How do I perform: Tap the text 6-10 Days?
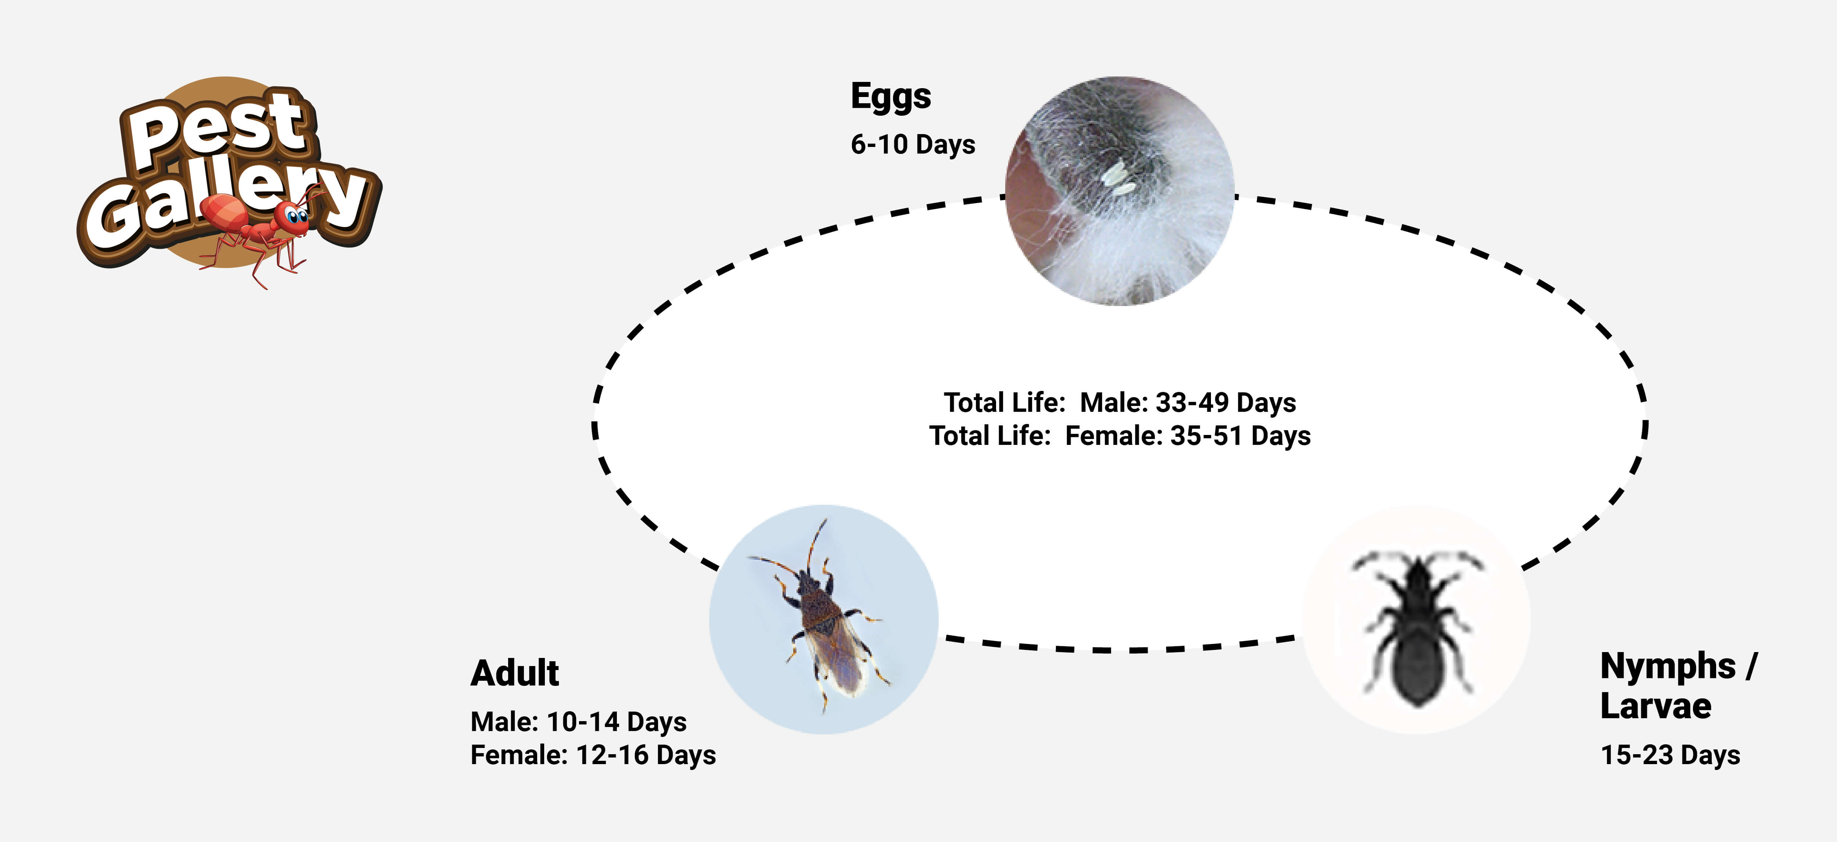[x=913, y=144]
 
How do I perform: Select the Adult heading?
[x=515, y=673]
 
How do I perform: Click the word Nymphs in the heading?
[x=1668, y=667]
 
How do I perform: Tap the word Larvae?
[x=1656, y=706]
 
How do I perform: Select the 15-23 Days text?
[x=1670, y=755]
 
